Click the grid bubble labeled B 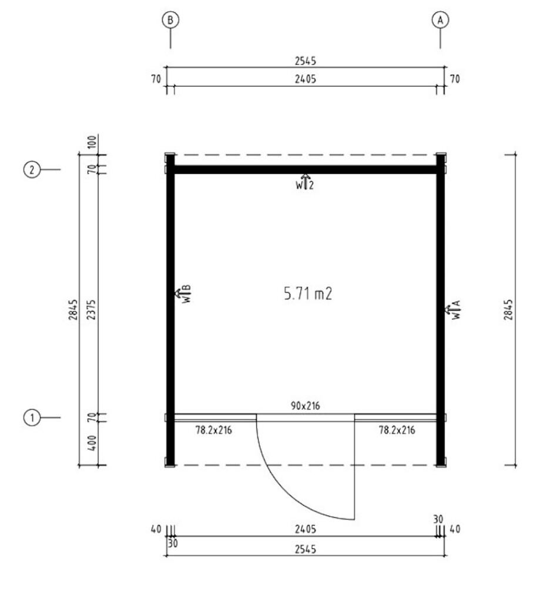(x=170, y=20)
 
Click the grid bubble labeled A (x=440, y=20)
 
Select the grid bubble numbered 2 (x=32, y=169)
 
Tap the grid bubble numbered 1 (x=32, y=417)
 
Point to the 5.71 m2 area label (x=308, y=294)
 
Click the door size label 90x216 (x=305, y=406)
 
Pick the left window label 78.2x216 (x=213, y=430)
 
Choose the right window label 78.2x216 (x=397, y=430)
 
